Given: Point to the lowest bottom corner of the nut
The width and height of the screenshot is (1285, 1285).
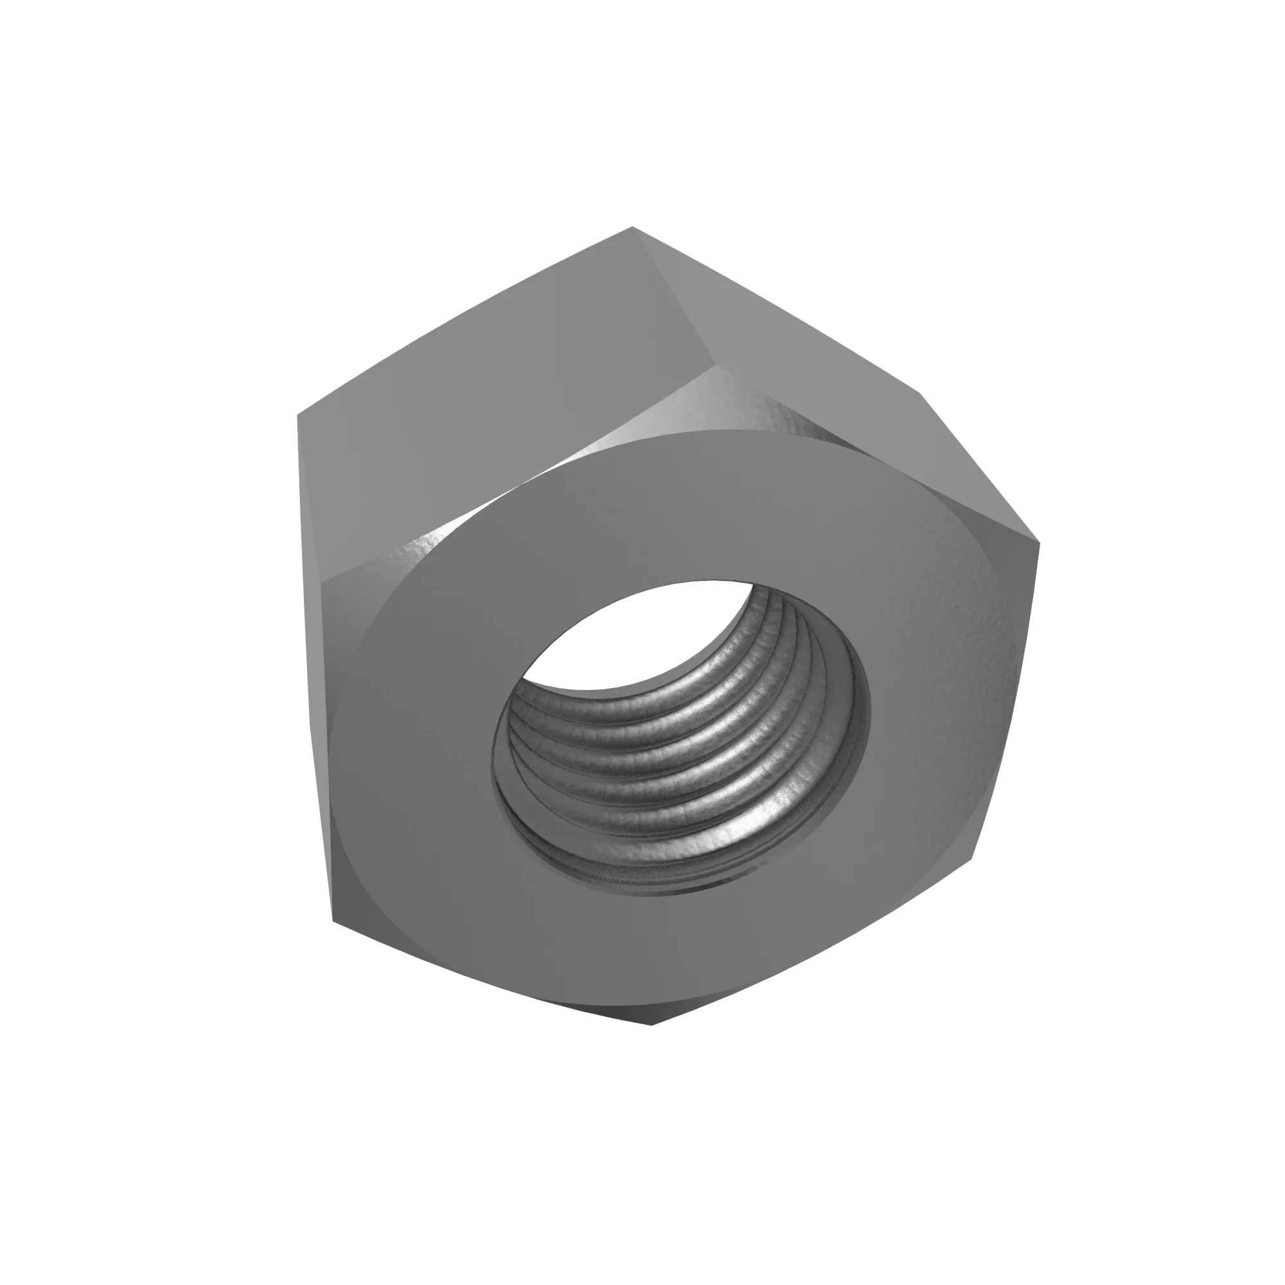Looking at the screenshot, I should (651, 1043).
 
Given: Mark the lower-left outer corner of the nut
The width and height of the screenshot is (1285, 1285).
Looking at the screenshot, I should (333, 921).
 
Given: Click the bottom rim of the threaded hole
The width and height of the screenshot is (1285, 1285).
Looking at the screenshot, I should (665, 890).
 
